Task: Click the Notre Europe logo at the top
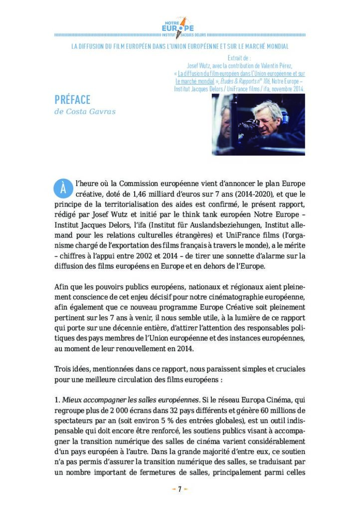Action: [179, 27]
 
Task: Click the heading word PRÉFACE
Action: [72, 100]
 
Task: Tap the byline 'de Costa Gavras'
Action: [85, 111]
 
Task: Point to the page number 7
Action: [180, 489]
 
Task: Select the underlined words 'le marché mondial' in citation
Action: [194, 81]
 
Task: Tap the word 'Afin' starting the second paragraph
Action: [62, 287]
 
